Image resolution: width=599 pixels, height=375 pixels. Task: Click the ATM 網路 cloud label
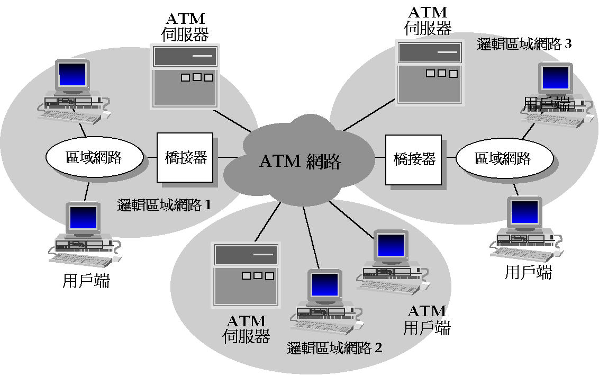point(299,160)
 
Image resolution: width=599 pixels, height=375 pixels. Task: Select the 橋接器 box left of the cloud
point(185,157)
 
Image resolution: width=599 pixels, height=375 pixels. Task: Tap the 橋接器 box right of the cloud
point(413,159)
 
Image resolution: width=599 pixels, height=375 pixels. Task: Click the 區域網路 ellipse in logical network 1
point(94,157)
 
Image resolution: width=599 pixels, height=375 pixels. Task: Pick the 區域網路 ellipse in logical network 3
point(504,158)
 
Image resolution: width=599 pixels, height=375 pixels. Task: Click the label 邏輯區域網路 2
point(334,348)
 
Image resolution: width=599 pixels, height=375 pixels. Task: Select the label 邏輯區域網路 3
point(524,44)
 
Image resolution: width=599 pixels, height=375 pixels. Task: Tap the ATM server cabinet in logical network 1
point(184,77)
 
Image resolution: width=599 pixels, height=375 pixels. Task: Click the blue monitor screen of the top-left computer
point(72,75)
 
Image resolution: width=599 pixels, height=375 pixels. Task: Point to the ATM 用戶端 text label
point(427,319)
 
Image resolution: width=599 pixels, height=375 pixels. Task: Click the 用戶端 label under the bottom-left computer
point(86,281)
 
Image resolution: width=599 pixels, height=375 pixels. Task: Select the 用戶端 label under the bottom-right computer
point(528,272)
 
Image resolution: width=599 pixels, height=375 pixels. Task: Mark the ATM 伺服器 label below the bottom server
point(246,328)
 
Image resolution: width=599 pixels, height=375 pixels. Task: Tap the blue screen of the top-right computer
point(555,78)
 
